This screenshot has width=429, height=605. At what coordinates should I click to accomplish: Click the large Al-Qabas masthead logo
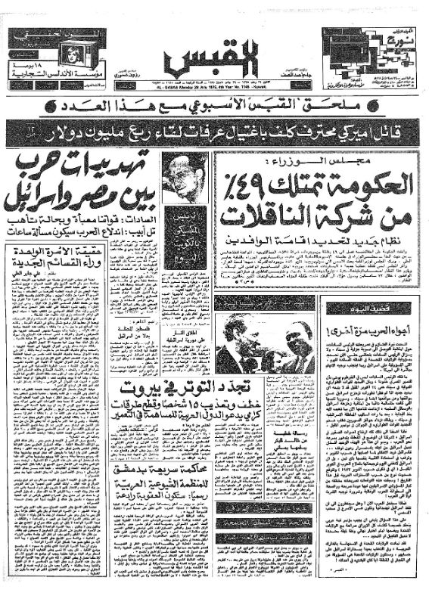click(x=215, y=57)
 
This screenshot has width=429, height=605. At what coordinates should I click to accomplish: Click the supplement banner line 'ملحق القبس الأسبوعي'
click(x=214, y=105)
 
